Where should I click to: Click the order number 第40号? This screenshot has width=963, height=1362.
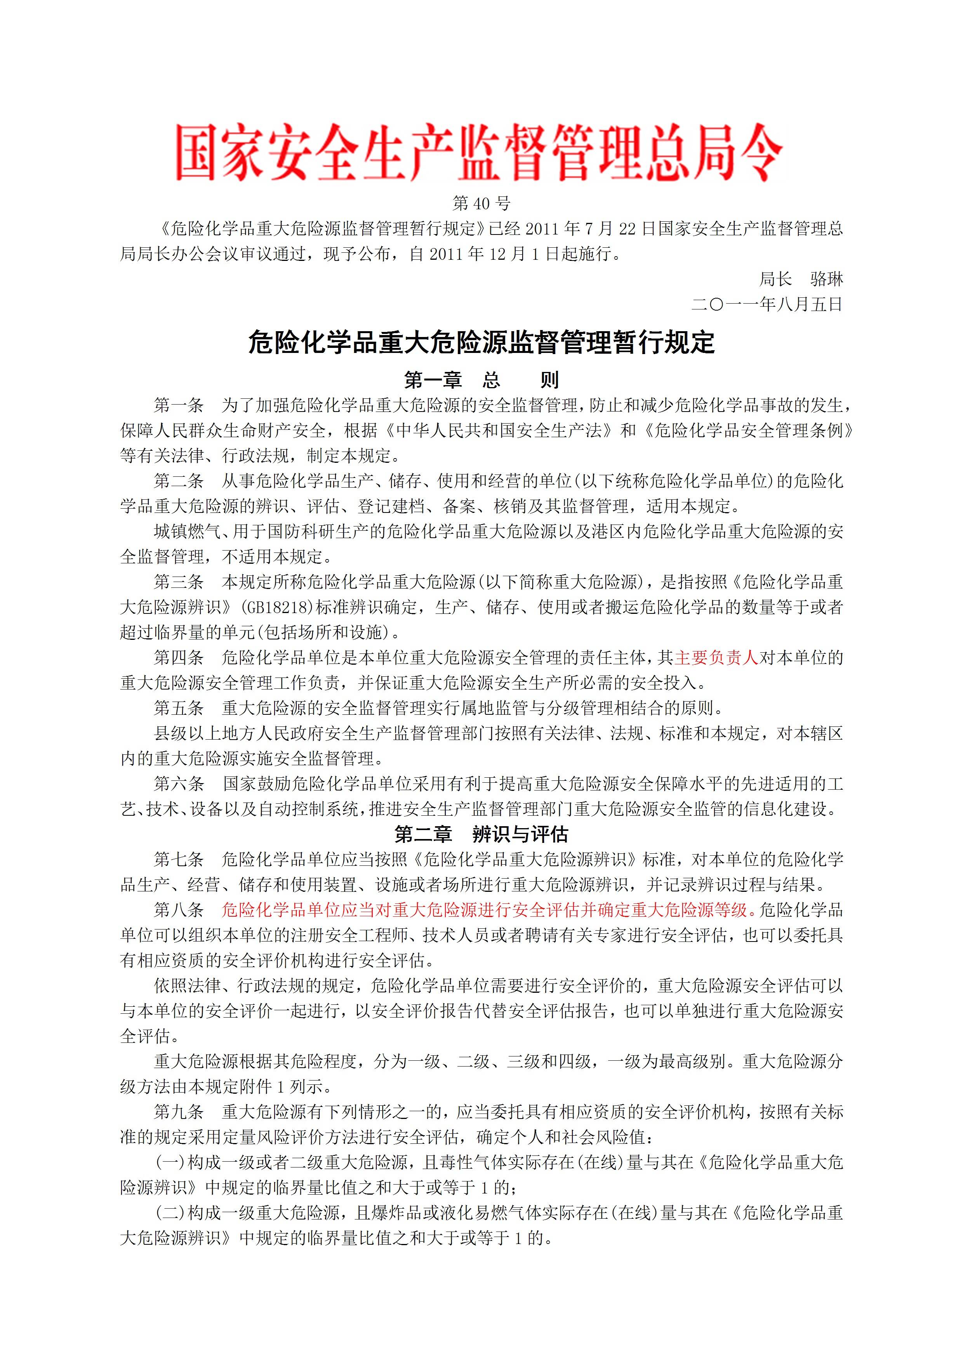pos(481,203)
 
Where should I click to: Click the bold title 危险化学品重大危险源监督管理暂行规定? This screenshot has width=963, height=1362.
pos(481,343)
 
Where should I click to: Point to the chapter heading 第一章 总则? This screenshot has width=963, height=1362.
pos(481,380)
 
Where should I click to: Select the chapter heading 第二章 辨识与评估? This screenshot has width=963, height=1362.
pos(481,835)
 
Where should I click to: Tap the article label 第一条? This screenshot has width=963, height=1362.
pos(179,405)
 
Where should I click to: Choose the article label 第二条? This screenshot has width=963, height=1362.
pos(179,481)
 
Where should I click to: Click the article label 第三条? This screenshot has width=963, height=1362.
pos(179,582)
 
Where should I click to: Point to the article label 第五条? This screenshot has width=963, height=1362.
pos(179,708)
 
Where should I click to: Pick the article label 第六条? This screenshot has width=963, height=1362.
pos(179,783)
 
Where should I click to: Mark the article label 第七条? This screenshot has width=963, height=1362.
pos(179,860)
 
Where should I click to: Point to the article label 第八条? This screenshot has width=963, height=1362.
pos(179,910)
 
